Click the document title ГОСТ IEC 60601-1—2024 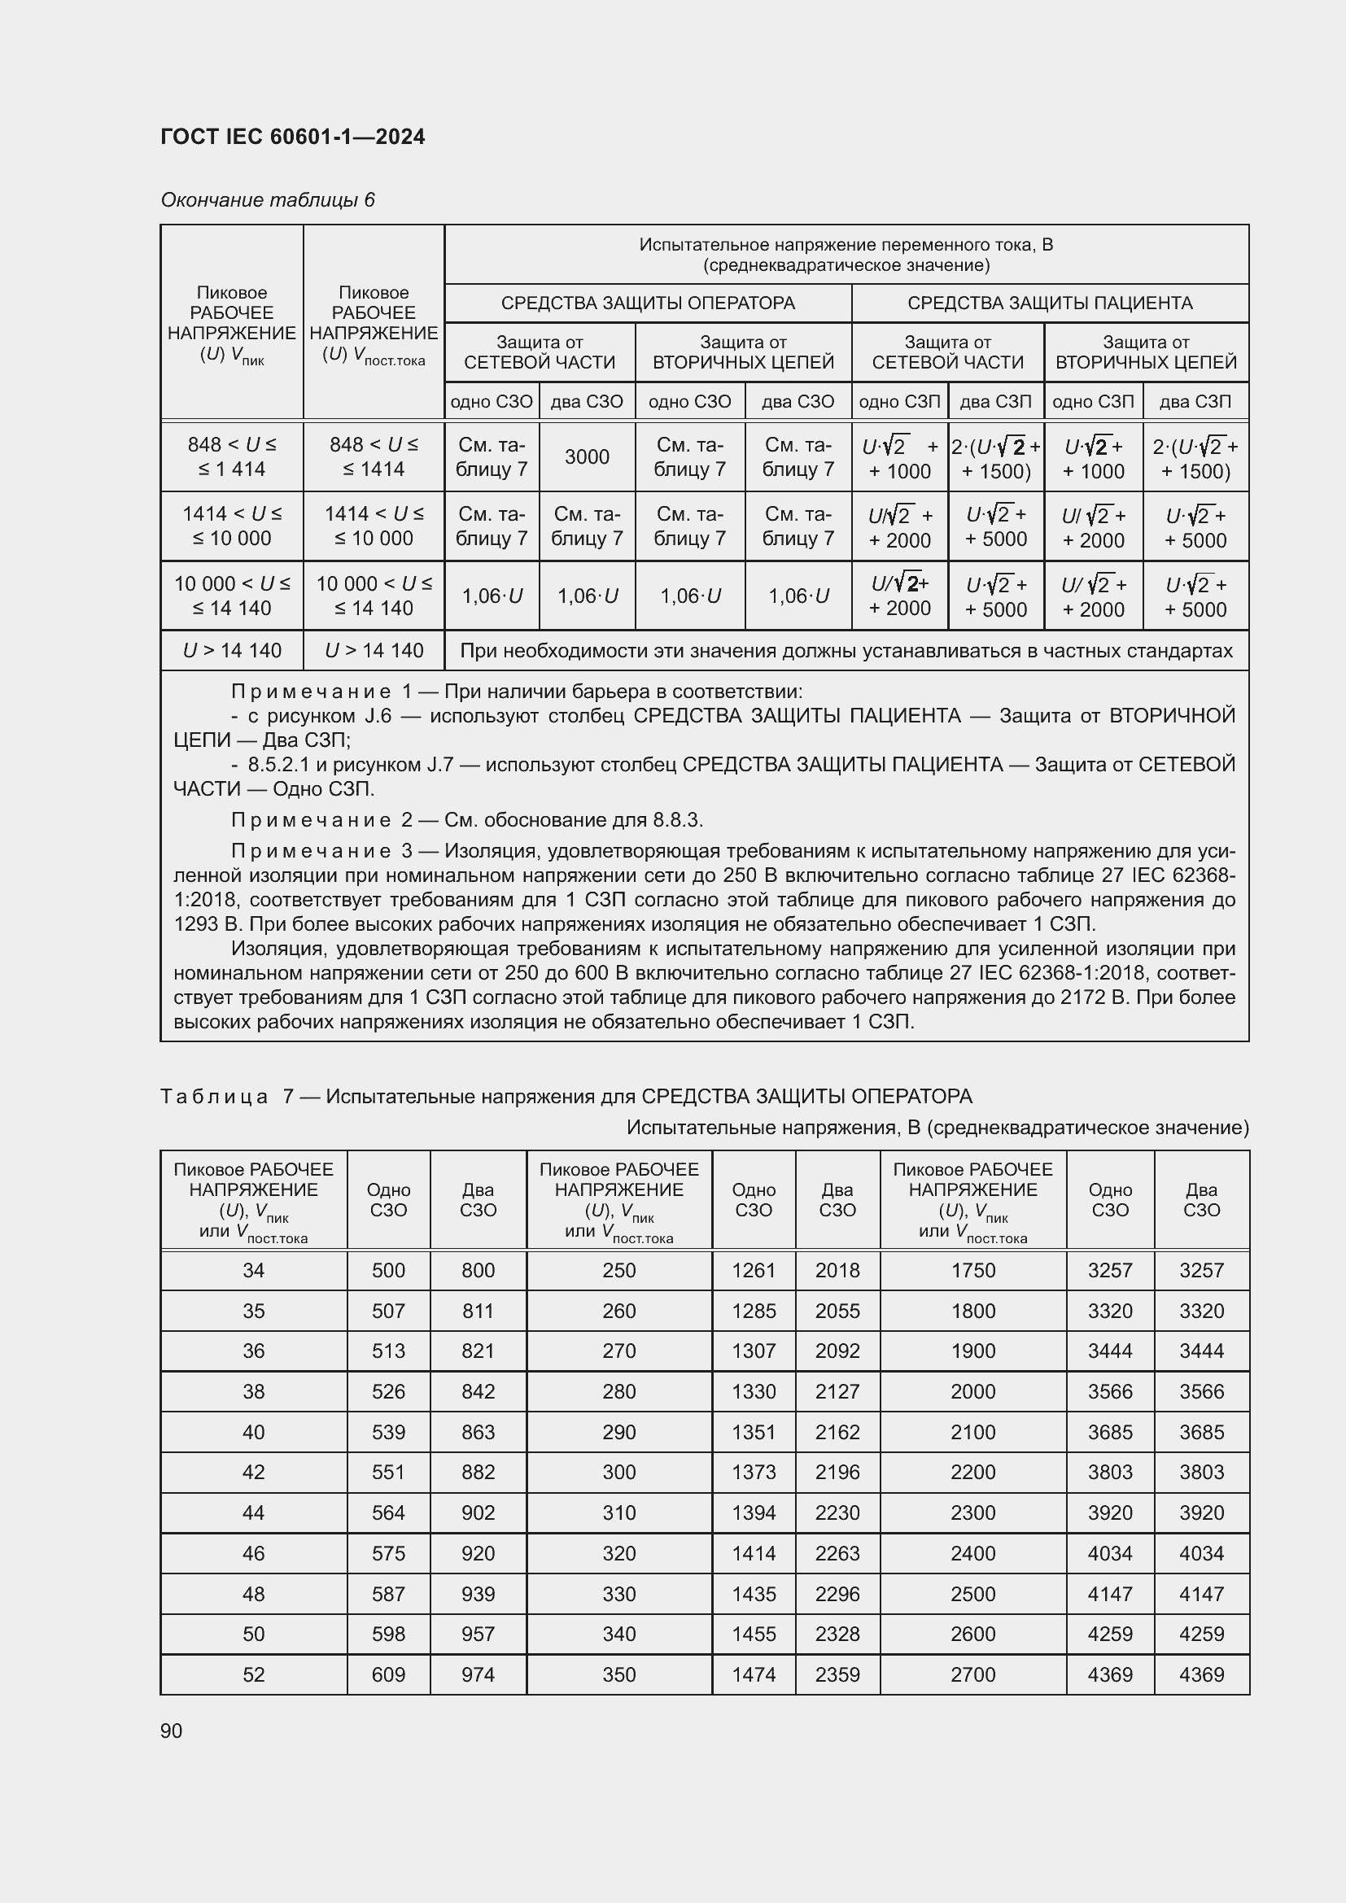click(293, 137)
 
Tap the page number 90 click(172, 1731)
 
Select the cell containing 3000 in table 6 click(587, 456)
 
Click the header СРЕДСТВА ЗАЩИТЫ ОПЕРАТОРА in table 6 click(647, 303)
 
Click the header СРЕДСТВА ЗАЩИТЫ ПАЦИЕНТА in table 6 click(1049, 303)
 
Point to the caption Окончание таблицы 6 click(267, 200)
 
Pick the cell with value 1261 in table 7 click(754, 1271)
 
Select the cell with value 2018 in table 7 click(837, 1271)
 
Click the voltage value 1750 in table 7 click(972, 1271)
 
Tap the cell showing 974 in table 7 click(478, 1674)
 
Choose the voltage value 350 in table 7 click(618, 1674)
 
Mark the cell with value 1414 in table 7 click(754, 1553)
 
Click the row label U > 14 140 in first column click(232, 651)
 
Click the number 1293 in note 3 click(195, 924)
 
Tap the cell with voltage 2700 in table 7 click(972, 1674)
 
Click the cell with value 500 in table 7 click(388, 1271)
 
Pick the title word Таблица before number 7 click(214, 1097)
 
